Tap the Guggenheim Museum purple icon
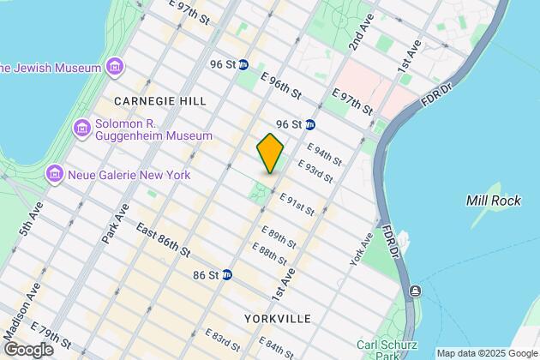coord(83,129)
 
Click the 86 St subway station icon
coord(227,275)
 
